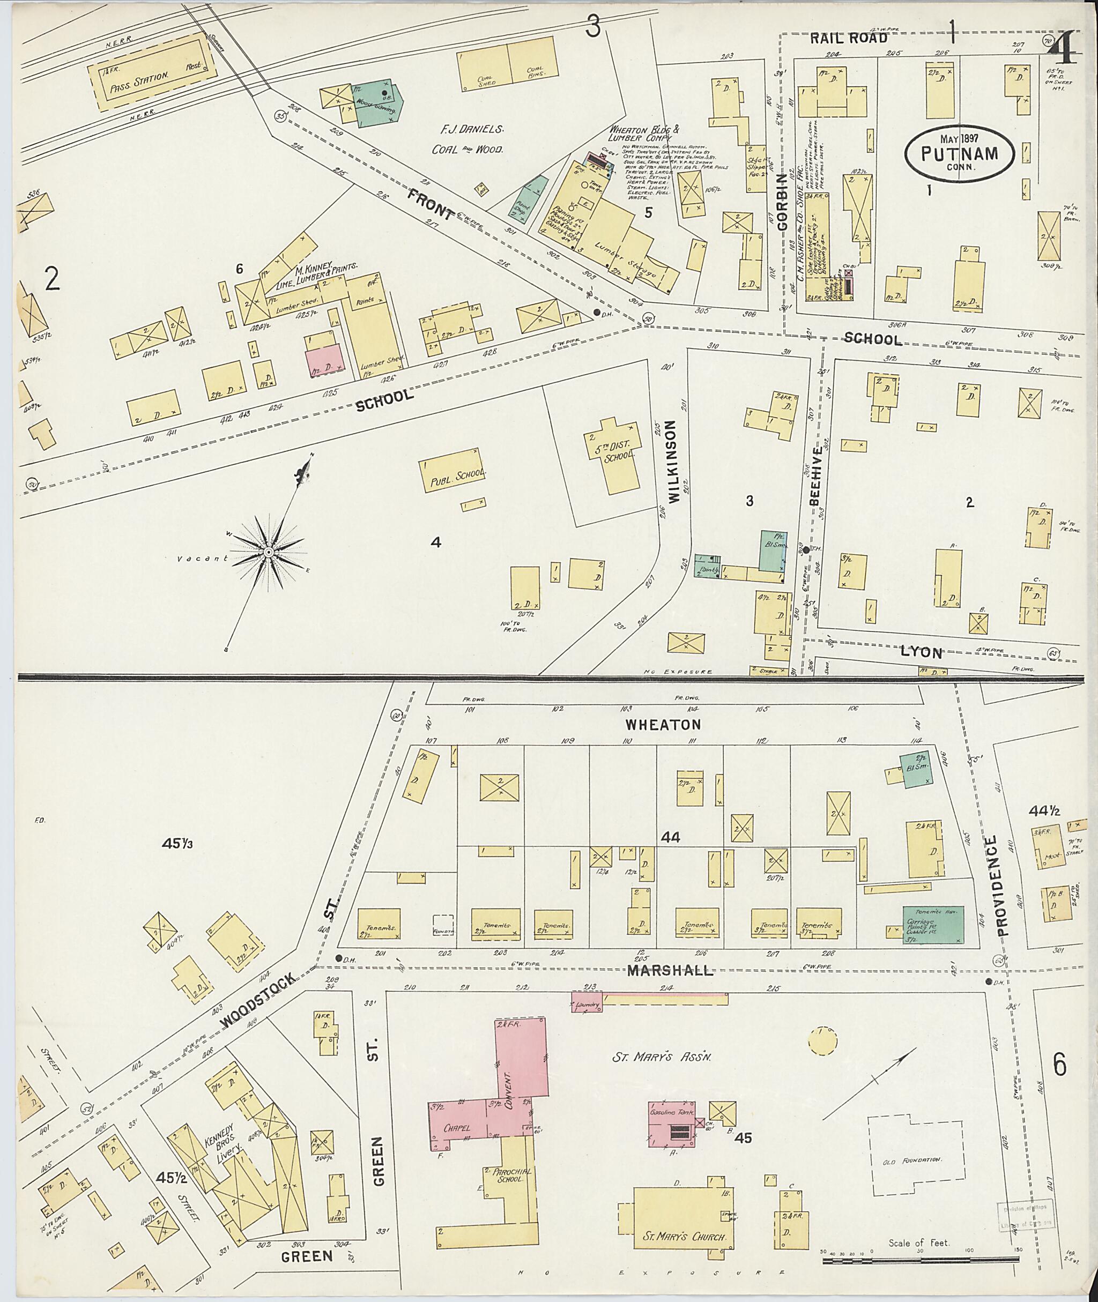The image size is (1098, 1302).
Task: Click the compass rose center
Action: [268, 552]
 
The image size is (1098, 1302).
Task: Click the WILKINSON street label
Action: [672, 460]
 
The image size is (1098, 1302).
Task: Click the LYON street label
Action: [921, 652]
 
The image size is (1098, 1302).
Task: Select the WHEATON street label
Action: [664, 725]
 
